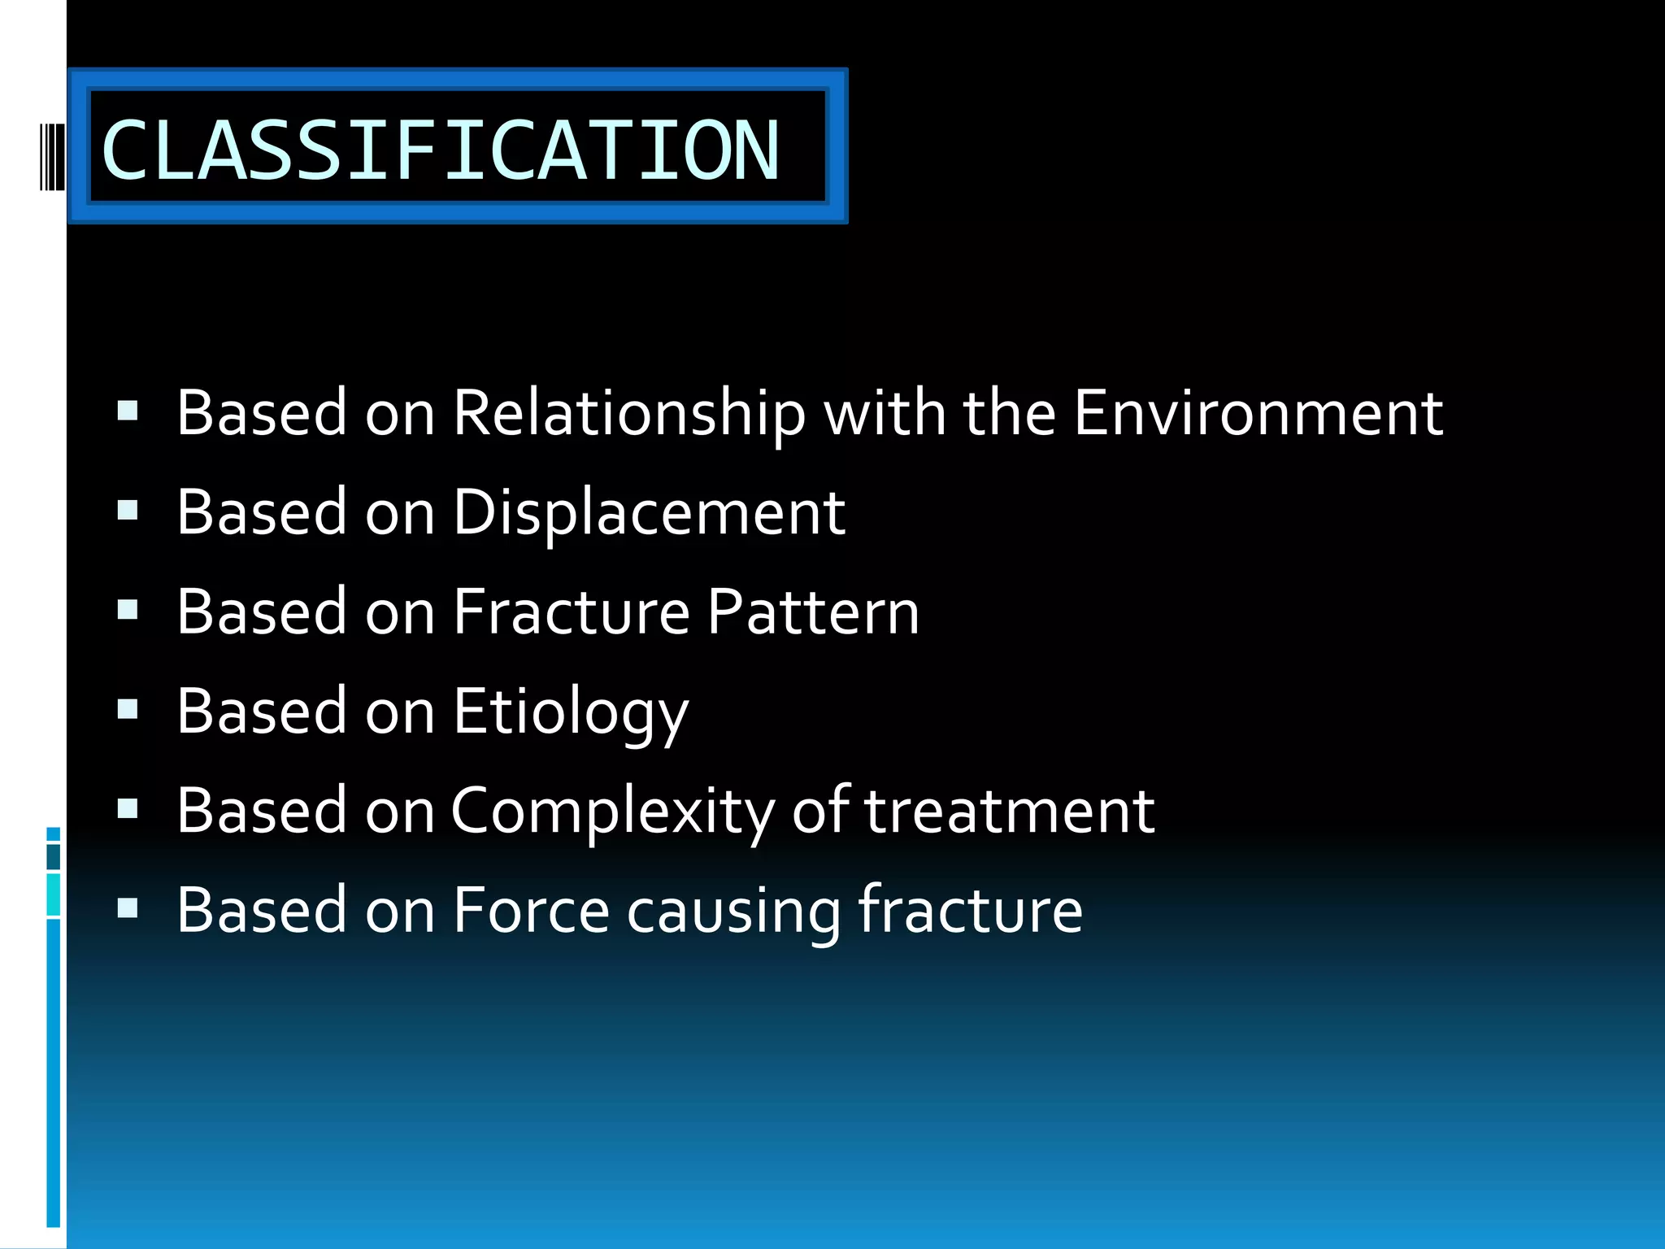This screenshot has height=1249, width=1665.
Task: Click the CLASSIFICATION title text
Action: pyautogui.click(x=440, y=150)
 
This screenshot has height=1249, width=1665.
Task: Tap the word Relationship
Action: pyautogui.click(x=628, y=414)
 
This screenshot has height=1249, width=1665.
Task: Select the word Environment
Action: pyautogui.click(x=1258, y=412)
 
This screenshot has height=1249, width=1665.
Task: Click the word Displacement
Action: pyautogui.click(x=648, y=513)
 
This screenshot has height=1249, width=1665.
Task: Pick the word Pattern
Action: pyautogui.click(x=812, y=611)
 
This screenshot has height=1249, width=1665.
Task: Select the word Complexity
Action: pyautogui.click(x=612, y=812)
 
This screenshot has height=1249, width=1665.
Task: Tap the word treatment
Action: pyautogui.click(x=1008, y=811)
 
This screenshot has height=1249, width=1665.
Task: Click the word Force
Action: pyautogui.click(x=530, y=910)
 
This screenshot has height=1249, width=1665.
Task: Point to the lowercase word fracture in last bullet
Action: pyautogui.click(x=970, y=910)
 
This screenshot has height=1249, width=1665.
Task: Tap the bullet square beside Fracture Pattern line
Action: pyautogui.click(x=128, y=609)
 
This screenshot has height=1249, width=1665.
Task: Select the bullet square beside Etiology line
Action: pyautogui.click(x=128, y=709)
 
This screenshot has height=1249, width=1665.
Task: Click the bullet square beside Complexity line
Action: pyautogui.click(x=128, y=808)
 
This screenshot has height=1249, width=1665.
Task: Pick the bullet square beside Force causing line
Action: pyautogui.click(x=128, y=907)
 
